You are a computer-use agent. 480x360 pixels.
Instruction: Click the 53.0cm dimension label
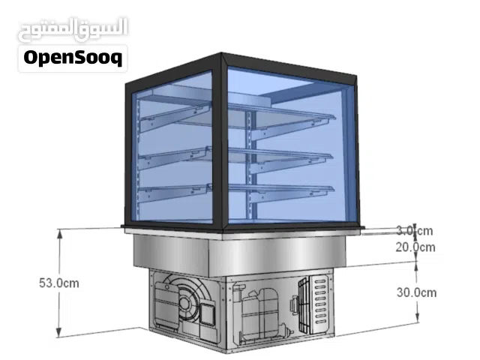coord(59,283)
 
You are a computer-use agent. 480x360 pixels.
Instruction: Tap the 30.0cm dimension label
coord(417,292)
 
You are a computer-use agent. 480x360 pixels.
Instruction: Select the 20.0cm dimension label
coord(415,247)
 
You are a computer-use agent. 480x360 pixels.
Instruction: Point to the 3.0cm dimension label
coord(415,230)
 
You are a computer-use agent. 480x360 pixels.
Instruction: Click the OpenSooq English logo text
coord(73,58)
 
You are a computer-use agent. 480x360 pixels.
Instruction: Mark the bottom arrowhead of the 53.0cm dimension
coord(58,333)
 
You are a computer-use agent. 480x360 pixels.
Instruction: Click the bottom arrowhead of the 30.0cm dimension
coord(417,318)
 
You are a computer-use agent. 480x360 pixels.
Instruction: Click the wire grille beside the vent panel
coord(304,304)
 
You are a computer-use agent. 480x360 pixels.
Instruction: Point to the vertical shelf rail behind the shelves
coord(252,165)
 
